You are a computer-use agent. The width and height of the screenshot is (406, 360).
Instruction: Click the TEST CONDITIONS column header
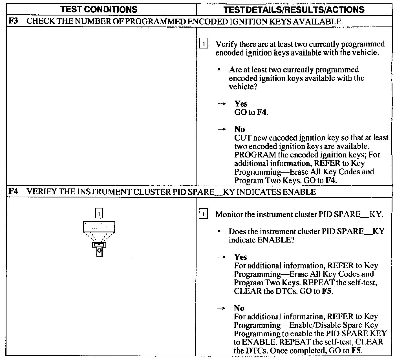tap(99, 10)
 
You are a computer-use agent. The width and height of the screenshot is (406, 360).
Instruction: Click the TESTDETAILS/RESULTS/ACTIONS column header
tap(294, 10)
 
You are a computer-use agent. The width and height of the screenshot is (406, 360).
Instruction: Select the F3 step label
tap(13, 21)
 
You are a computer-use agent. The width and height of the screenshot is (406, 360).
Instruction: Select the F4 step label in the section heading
tap(13, 192)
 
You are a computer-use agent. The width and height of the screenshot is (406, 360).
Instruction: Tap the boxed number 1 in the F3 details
tap(204, 44)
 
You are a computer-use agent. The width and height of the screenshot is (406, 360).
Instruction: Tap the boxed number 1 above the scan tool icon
tap(99, 214)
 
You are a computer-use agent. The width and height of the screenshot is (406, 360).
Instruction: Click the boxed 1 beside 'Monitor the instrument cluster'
tap(203, 214)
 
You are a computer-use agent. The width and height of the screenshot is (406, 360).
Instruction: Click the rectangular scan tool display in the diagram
tap(99, 227)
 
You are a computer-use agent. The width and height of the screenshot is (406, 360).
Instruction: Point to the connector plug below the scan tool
tap(99, 249)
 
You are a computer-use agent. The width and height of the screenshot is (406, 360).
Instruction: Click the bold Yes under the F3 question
tap(241, 104)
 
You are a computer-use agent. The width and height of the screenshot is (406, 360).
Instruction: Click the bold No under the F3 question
tap(239, 129)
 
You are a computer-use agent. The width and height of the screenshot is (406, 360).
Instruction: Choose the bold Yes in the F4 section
tap(240, 257)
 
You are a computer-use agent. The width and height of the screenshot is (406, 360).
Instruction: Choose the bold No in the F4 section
tap(239, 308)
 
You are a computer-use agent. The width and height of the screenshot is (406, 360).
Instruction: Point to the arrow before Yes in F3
tap(222, 104)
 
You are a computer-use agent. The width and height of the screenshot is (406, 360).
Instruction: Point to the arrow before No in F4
tap(222, 308)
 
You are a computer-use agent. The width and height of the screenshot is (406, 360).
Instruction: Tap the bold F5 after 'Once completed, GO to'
tap(356, 351)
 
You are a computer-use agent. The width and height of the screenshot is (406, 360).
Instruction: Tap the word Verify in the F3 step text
tap(226, 44)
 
